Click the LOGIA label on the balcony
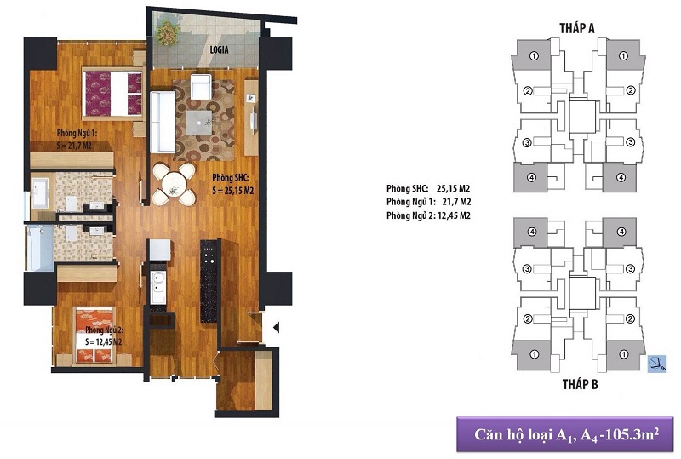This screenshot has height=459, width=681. [219, 50]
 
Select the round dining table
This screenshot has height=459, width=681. [175, 184]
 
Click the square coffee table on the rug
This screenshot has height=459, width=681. [199, 123]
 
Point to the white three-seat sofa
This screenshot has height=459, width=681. [163, 122]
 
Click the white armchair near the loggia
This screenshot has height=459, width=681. [201, 87]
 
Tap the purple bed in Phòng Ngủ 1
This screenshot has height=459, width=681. [113, 94]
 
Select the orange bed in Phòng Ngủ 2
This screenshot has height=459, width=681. [94, 336]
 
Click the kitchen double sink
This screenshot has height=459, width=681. [157, 287]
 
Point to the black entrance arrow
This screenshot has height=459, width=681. [276, 327]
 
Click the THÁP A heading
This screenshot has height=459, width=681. [577, 28]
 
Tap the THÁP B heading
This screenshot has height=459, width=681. [581, 384]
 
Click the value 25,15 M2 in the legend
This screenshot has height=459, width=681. [454, 189]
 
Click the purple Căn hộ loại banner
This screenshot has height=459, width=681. [565, 434]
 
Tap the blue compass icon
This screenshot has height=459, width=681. [656, 364]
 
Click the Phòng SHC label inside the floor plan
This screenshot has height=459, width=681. [230, 178]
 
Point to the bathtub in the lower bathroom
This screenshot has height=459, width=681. [40, 248]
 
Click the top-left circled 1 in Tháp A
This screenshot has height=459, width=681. [535, 55]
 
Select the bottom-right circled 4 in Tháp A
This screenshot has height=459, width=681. [621, 177]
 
